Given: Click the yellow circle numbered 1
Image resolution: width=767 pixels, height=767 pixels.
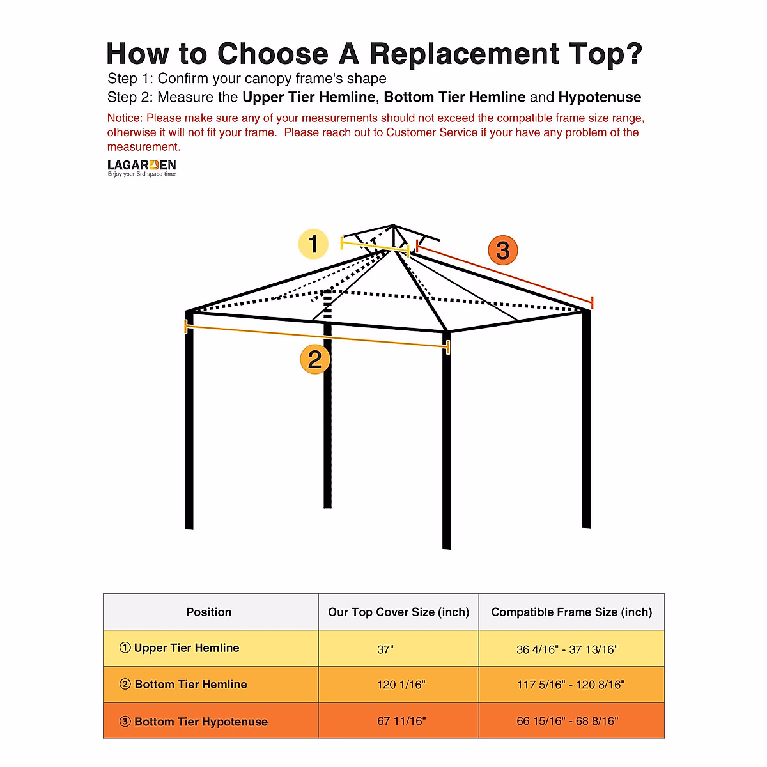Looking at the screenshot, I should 313,244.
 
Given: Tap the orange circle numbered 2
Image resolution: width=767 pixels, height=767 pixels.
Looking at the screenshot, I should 315,359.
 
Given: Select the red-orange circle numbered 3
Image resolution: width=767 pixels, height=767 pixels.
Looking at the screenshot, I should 503,250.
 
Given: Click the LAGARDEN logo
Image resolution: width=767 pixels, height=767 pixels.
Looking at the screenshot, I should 141,167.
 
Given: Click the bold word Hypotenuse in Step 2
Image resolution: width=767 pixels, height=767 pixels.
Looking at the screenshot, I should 600,97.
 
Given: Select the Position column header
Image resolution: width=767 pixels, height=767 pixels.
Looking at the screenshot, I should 209,612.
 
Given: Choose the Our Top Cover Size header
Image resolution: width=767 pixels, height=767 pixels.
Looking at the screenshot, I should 398,612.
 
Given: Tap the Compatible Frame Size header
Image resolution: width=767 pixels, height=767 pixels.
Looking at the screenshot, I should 571,612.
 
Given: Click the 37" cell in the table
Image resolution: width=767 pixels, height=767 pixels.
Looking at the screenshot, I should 385,649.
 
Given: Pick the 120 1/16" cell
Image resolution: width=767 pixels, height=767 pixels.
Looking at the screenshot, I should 401,685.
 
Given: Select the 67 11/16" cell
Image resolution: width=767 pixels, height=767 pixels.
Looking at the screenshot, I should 401,721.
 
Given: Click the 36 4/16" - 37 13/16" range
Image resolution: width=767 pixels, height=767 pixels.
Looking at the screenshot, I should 567,649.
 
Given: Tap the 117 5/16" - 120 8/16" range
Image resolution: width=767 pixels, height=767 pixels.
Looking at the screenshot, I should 571,685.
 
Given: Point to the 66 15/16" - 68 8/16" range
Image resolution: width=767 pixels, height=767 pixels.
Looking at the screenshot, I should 568,721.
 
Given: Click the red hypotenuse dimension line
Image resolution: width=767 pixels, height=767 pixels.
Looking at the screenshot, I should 505,273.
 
